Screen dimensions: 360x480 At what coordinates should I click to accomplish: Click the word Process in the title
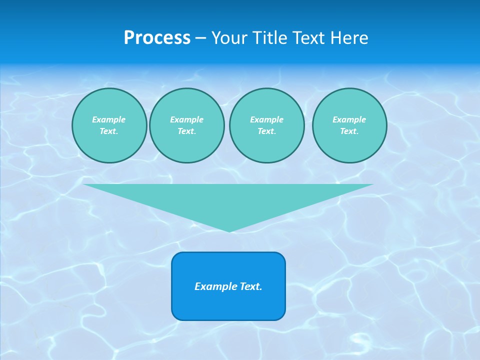(x=157, y=38)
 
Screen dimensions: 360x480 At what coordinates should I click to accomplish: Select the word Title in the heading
(x=270, y=38)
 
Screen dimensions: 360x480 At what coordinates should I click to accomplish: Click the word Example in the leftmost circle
(x=109, y=119)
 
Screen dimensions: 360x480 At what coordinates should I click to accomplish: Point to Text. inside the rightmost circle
(x=349, y=131)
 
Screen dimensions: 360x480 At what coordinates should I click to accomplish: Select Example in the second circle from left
(x=187, y=119)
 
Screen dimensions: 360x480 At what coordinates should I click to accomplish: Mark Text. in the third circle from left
(x=266, y=131)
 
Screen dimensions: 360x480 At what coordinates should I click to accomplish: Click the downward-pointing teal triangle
(x=228, y=200)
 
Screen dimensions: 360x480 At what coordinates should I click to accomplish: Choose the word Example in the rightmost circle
(x=349, y=119)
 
